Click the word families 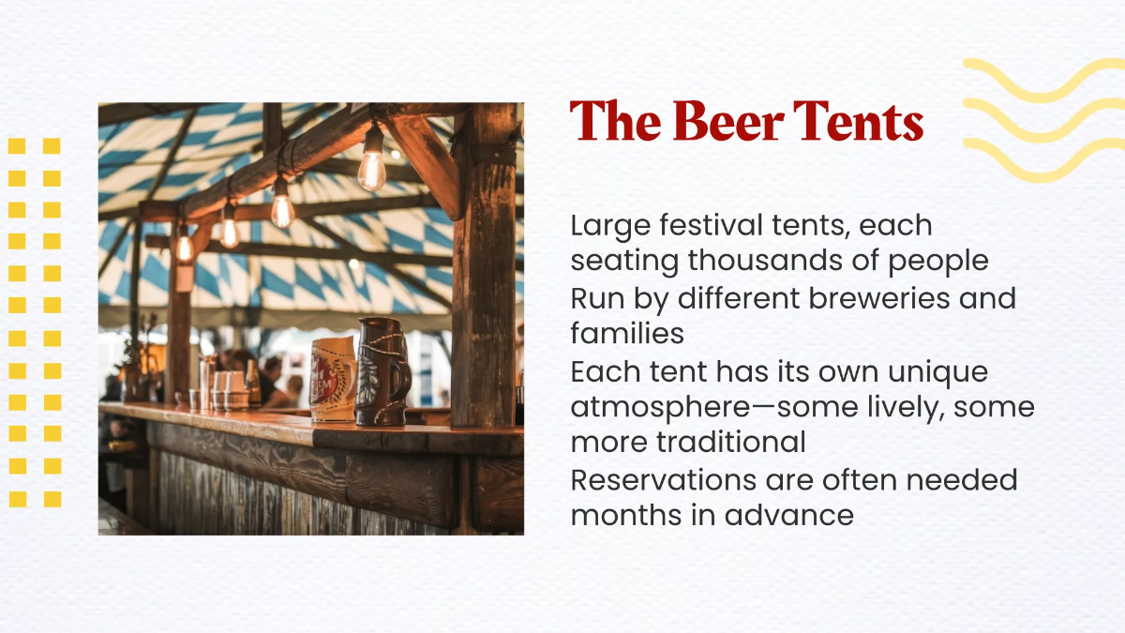tap(627, 333)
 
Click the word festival tap(730, 226)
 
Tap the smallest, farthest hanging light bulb tap(184, 247)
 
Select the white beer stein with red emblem tap(333, 378)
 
